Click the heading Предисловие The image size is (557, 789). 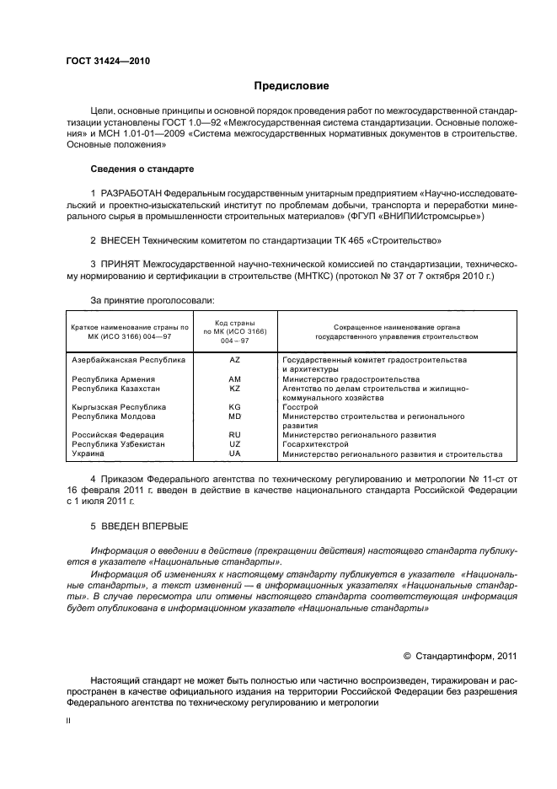[292, 86]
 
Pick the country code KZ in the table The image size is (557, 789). [234, 389]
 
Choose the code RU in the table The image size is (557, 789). [234, 435]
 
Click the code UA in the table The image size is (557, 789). [234, 454]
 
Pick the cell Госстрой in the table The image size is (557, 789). [299, 407]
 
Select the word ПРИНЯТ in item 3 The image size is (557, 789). [121, 264]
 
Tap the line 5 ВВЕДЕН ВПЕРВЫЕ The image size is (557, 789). [139, 526]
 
